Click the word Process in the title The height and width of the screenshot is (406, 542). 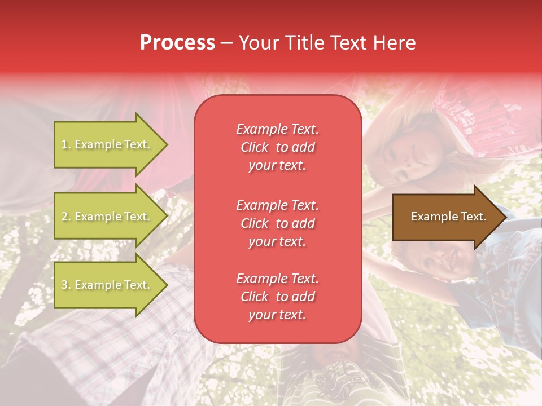(x=177, y=43)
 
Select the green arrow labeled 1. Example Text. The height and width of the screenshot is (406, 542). (x=107, y=144)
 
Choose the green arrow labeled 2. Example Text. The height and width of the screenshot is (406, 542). (x=107, y=217)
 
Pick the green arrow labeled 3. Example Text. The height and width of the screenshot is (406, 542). (x=107, y=285)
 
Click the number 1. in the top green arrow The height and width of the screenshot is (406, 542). (x=66, y=144)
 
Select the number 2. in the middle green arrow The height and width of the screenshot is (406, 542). (x=66, y=217)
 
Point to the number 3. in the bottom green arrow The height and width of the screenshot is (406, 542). (x=66, y=285)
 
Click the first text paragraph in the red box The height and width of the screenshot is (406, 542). (x=277, y=147)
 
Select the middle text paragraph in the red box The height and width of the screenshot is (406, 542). (x=277, y=223)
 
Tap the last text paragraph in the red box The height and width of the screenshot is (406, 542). (x=277, y=297)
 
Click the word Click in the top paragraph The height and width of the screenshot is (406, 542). (x=254, y=147)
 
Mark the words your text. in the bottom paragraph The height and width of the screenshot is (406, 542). (x=277, y=315)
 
